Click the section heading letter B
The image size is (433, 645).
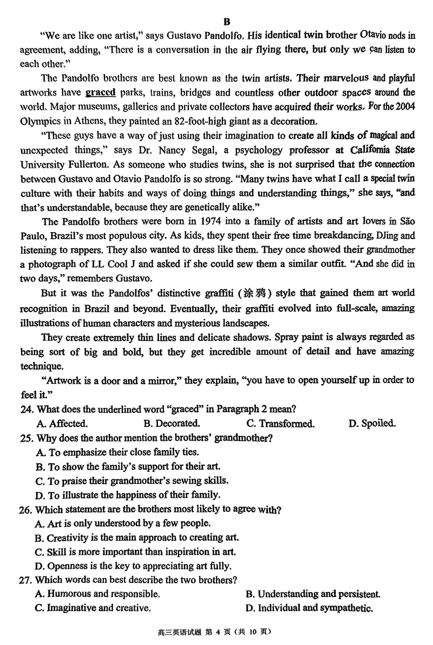tap(226, 22)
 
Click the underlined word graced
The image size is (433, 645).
tap(101, 92)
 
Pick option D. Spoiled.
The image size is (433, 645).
tap(372, 423)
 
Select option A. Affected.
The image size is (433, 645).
tap(61, 423)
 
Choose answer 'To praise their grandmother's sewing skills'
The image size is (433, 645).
tap(132, 480)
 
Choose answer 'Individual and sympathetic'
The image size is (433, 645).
tap(309, 608)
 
